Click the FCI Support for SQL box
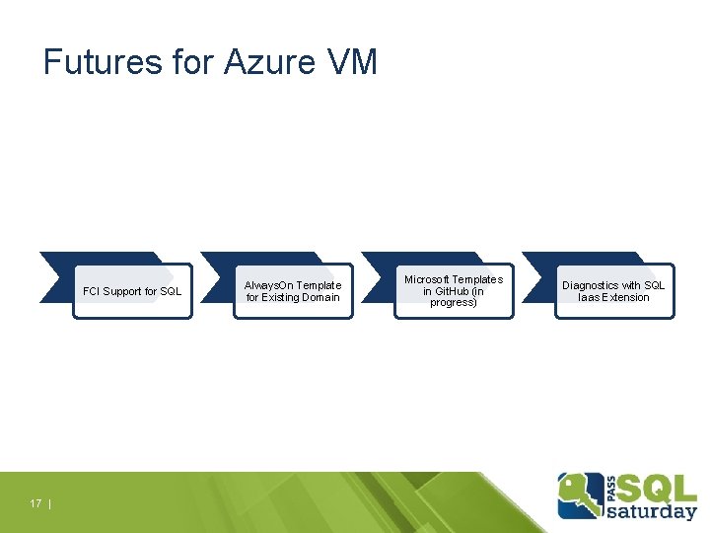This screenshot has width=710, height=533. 132,291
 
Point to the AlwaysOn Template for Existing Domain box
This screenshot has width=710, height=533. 293,291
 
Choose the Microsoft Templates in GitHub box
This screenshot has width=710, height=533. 454,291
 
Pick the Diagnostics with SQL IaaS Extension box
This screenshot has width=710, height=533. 613,291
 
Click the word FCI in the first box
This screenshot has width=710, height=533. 92,291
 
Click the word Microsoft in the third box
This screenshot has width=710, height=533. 427,279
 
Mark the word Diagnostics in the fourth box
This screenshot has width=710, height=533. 590,285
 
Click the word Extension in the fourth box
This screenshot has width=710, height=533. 627,297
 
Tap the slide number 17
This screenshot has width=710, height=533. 35,503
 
